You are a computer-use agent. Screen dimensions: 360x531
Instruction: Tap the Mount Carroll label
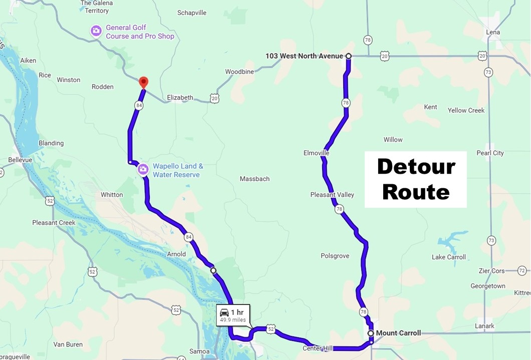(398, 333)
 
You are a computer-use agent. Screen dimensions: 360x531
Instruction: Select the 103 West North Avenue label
(304, 56)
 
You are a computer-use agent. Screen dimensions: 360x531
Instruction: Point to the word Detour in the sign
(416, 166)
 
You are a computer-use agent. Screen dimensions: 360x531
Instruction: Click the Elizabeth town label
(180, 98)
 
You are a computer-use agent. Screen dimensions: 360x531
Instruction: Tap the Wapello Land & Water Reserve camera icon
(143, 170)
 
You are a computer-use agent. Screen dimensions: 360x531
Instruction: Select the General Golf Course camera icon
(96, 32)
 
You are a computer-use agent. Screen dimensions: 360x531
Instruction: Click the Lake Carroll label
(448, 257)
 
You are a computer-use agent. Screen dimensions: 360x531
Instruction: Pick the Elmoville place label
(316, 153)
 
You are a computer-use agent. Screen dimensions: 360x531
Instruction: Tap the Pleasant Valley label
(332, 195)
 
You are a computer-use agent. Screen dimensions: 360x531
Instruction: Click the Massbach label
(254, 179)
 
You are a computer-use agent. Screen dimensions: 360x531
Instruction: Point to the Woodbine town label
(239, 72)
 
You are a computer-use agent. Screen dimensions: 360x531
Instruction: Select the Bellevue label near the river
(20, 160)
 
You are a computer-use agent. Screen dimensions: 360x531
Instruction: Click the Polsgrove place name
(335, 256)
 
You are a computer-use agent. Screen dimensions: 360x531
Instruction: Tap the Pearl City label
(490, 153)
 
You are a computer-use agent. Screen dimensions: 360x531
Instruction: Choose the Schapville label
(192, 13)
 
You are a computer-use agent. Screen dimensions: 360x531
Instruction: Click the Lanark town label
(485, 326)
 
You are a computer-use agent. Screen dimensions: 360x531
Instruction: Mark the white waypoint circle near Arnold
(213, 270)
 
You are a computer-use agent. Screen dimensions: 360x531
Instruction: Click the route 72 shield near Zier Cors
(521, 271)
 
